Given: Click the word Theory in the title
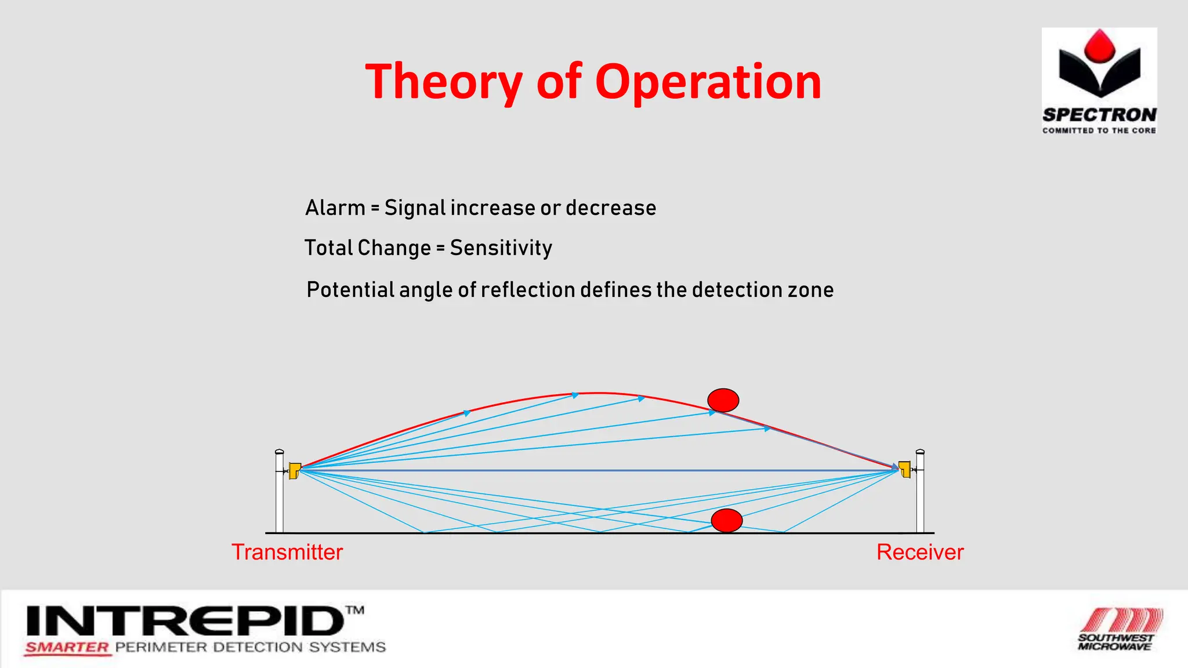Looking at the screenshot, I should tap(444, 82).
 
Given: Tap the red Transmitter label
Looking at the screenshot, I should tap(287, 552).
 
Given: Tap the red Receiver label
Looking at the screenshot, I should tap(920, 552).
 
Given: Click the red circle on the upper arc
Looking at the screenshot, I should tap(723, 400).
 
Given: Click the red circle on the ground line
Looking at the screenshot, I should tap(726, 520).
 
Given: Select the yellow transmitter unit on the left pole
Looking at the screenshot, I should tap(295, 470).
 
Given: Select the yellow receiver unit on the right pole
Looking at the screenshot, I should tap(904, 469).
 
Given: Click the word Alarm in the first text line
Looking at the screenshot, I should tap(335, 208).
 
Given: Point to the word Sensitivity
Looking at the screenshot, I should tap(501, 248).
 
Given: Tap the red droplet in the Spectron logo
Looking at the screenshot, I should tap(1099, 46).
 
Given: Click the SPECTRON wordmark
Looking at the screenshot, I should tap(1099, 115).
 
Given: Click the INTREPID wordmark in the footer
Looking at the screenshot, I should tap(186, 622).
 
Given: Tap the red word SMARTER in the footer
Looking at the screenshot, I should tap(67, 648).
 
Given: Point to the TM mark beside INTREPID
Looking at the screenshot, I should tap(355, 610).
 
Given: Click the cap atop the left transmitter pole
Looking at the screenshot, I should tap(279, 451).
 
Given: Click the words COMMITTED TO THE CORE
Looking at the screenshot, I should tap(1099, 130).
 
